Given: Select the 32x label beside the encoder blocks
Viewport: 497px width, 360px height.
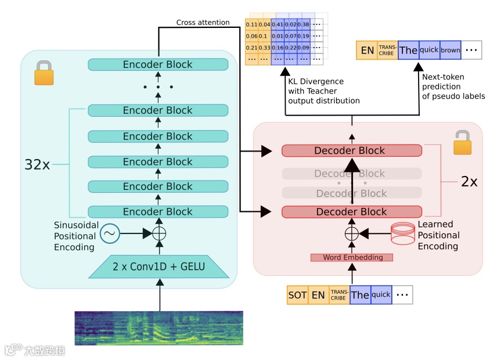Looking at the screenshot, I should click(37, 164).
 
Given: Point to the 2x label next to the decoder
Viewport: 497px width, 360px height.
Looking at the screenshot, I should click(469, 182).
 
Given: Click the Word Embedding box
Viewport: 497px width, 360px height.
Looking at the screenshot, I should click(351, 257).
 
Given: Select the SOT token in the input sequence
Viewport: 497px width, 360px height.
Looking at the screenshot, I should click(297, 294).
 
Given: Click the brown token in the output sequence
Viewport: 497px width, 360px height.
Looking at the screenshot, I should click(450, 50).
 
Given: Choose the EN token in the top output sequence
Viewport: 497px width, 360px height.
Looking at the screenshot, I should click(367, 51).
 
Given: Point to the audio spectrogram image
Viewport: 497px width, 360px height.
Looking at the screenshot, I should click(159, 328).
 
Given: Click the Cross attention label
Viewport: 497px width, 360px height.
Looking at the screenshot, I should click(203, 23).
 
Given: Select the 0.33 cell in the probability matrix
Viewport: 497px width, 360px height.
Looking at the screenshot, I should click(264, 47).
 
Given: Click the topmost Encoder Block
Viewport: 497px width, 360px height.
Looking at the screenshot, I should click(157, 64).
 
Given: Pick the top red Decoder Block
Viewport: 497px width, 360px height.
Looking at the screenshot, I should click(351, 150).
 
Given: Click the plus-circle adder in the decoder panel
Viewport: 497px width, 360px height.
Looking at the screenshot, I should click(351, 233).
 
